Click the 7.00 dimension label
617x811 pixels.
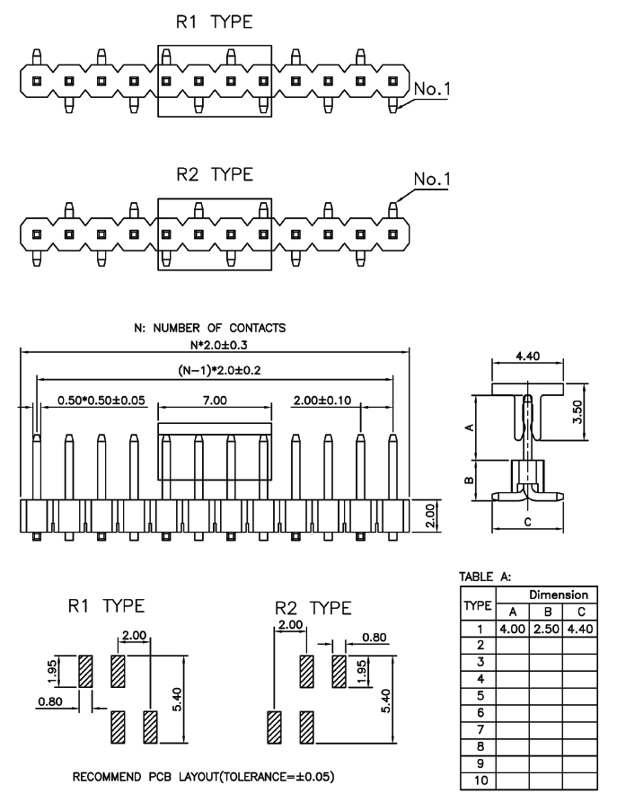pos(214,400)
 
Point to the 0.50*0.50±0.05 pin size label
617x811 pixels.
pos(101,400)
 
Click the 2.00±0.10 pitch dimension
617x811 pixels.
pos(322,400)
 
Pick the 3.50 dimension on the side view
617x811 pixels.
pos(577,411)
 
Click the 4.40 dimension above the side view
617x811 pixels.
pos(527,356)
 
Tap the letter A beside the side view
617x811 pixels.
pos(470,428)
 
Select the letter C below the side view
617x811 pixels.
pos(527,522)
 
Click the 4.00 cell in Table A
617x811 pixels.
pos(513,629)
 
